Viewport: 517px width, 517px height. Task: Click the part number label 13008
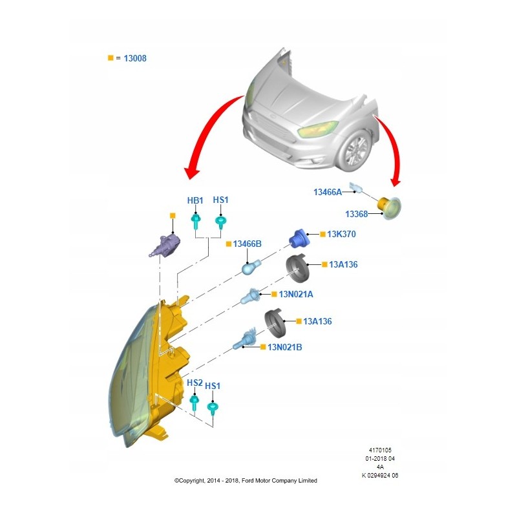pos(135,58)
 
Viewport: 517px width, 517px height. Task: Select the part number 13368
pos(356,214)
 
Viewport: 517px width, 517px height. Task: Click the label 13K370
pos(342,234)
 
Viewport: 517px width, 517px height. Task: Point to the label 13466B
pos(248,244)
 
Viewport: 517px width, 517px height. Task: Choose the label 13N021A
pos(296,294)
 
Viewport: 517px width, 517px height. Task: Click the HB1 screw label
pos(195,200)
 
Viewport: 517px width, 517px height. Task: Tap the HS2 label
pos(195,383)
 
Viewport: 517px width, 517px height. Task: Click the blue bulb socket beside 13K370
pos(298,238)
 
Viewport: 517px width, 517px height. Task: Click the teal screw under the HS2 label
pos(195,403)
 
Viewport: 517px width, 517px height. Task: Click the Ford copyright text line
pos(246,480)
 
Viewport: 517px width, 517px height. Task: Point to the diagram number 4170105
pos(379,450)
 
